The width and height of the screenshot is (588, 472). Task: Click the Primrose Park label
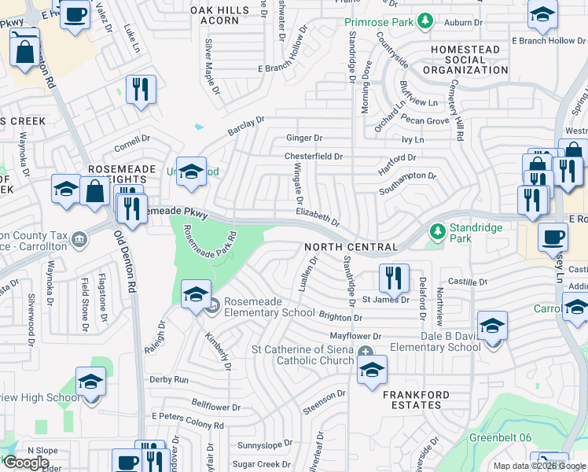tap(378, 21)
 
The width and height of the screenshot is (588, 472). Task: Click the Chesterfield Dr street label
tap(313, 157)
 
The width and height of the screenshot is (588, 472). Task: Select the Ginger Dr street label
tap(303, 138)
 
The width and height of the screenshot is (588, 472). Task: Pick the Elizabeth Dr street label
tap(318, 217)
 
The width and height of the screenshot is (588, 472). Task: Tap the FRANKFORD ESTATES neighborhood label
tap(416, 400)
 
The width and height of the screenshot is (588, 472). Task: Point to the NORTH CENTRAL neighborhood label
tap(351, 247)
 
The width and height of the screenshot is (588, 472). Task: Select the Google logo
tap(26, 463)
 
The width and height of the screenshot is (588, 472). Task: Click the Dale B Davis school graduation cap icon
tap(492, 324)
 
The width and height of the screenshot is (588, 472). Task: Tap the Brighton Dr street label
tap(340, 317)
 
